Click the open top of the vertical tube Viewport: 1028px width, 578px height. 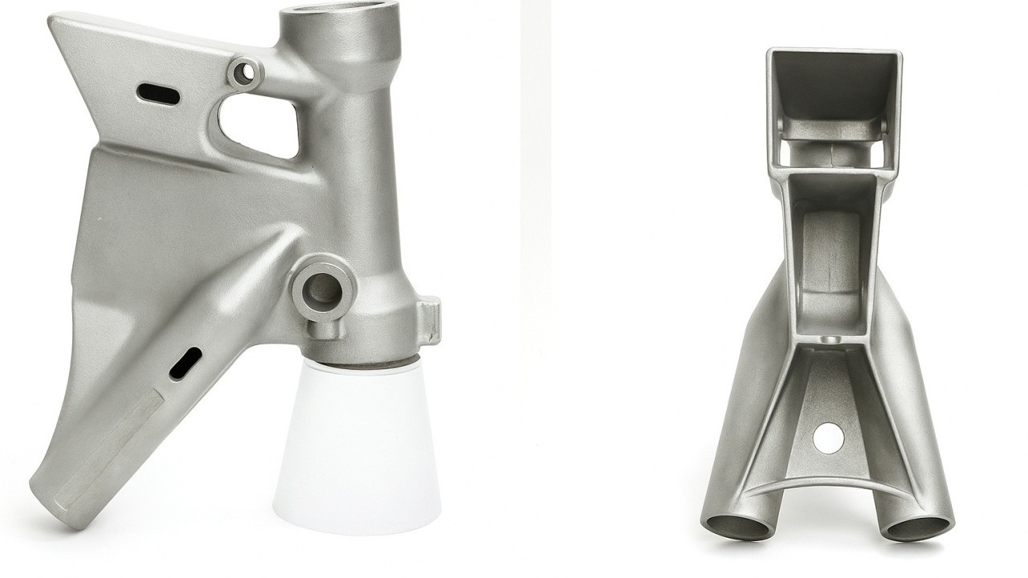338,17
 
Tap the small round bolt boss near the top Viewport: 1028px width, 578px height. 246,73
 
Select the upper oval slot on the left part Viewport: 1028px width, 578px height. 158,94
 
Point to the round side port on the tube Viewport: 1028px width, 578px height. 323,289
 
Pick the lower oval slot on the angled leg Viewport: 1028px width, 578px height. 186,363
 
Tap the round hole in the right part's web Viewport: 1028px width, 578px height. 828,438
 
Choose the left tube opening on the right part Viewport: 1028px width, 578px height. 739,527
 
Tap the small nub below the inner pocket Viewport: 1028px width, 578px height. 828,340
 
